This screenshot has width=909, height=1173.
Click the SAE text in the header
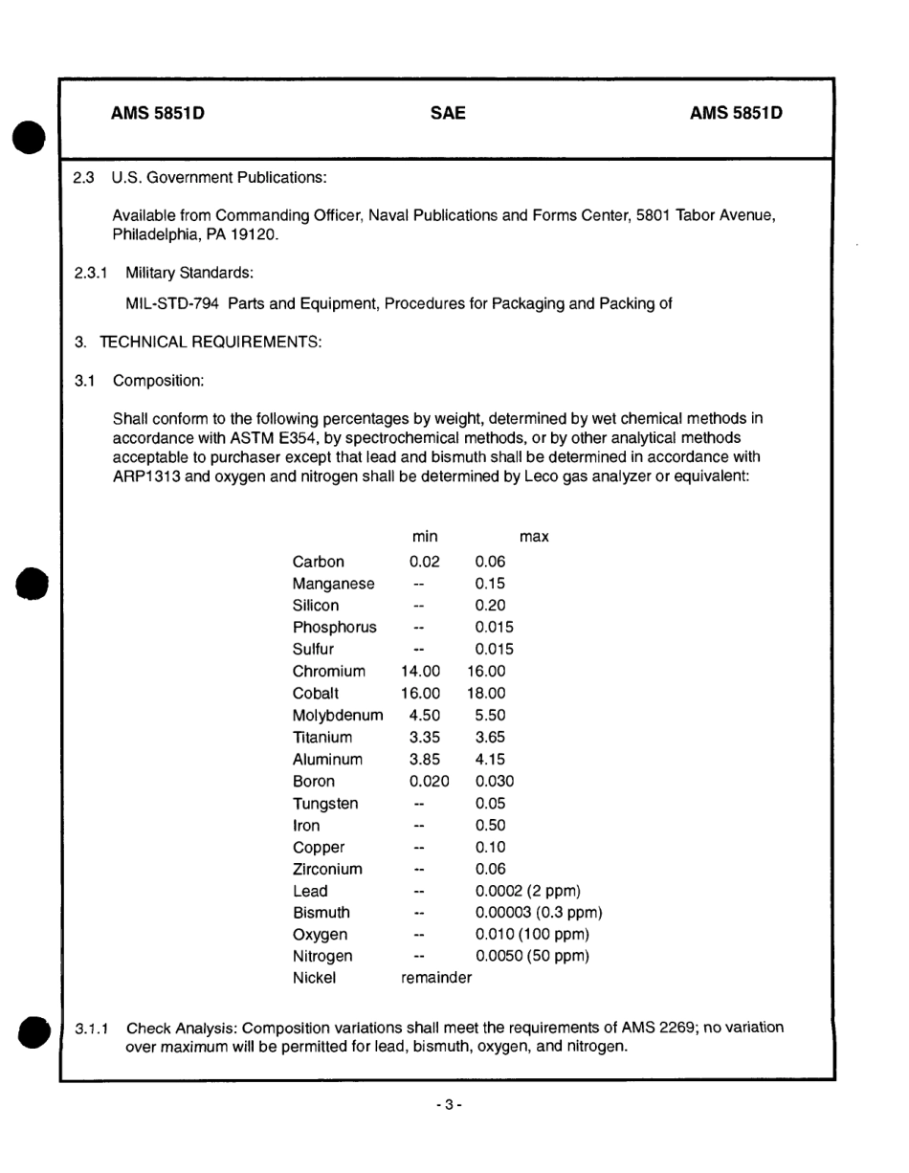pos(448,114)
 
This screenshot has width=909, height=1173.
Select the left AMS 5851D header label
pos(158,114)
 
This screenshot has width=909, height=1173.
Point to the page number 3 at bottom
pos(448,1105)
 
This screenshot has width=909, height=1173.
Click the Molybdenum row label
pos(338,716)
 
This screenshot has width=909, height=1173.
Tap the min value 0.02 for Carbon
pos(424,562)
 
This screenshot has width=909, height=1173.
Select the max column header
pos(533,537)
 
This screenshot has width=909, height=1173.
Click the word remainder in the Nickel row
pos(435,978)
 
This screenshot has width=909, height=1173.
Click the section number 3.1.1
pos(93,1029)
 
